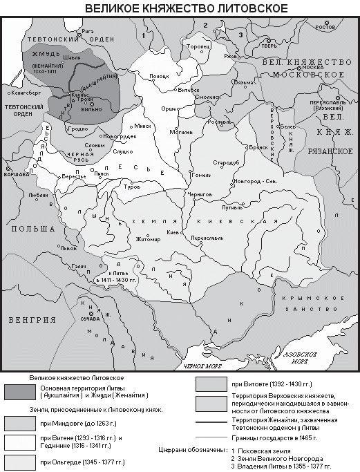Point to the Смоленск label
tap(207, 98)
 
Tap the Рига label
tap(86, 32)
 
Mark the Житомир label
tap(148, 240)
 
